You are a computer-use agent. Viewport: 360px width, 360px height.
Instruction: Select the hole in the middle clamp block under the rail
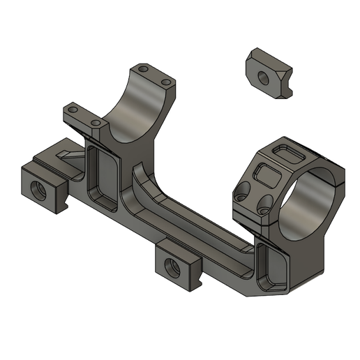(x=171, y=264)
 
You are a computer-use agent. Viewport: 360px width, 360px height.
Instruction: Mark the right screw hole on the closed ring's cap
(x=265, y=204)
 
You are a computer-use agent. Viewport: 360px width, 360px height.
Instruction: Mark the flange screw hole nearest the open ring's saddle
(x=96, y=123)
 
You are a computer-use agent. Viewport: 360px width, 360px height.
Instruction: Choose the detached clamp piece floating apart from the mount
(x=269, y=70)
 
